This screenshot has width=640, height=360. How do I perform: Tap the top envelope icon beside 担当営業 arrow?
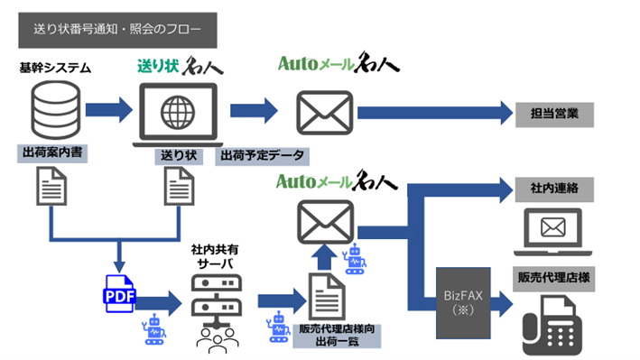[324, 112]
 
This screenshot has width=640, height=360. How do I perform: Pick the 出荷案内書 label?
[52, 154]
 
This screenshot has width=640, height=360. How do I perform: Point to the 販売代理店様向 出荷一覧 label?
[337, 336]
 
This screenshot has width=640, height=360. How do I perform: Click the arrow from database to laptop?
[108, 111]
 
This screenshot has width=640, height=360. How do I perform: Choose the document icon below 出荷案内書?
[51, 189]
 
